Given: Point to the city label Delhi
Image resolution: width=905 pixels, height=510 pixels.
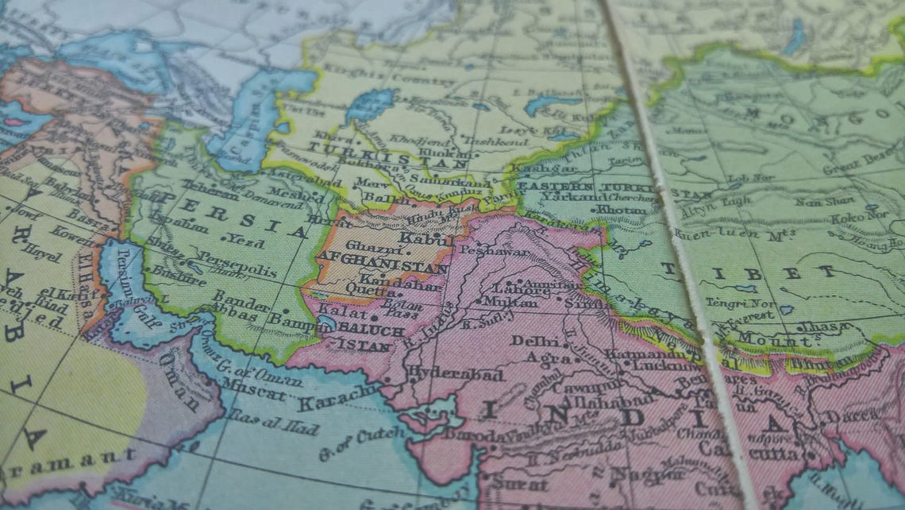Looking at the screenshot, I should click(529, 342).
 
